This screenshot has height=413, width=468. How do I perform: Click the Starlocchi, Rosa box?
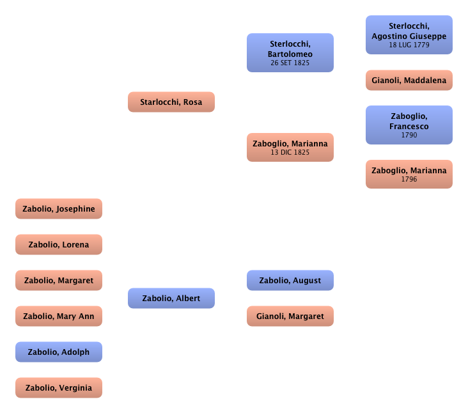tap(171, 102)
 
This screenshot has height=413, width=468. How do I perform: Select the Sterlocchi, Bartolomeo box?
tap(290, 53)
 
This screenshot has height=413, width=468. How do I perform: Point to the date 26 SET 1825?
tap(290, 64)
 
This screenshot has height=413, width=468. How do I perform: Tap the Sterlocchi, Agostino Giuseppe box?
tap(409, 35)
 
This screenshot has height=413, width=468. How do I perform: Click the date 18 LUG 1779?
tap(409, 45)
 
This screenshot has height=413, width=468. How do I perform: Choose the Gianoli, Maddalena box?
tap(409, 81)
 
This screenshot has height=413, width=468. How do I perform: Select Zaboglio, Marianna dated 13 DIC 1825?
tap(290, 147)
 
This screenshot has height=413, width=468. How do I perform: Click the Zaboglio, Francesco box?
tap(409, 125)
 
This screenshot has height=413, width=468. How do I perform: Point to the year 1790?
tap(409, 136)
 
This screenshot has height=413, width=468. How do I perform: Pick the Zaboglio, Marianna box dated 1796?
tap(409, 174)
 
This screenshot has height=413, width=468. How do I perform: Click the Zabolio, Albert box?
tap(171, 299)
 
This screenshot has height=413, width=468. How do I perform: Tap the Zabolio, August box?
tap(290, 281)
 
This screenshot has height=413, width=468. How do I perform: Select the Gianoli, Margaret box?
tap(290, 316)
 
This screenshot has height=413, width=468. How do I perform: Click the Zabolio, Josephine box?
tap(59, 209)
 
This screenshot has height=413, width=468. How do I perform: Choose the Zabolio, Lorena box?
tap(59, 245)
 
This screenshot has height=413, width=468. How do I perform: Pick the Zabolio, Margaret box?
tap(59, 281)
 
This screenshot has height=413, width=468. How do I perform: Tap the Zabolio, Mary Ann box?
tap(59, 316)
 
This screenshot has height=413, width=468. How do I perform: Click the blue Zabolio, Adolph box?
tap(59, 352)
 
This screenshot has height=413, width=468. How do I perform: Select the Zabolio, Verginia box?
tap(59, 388)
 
